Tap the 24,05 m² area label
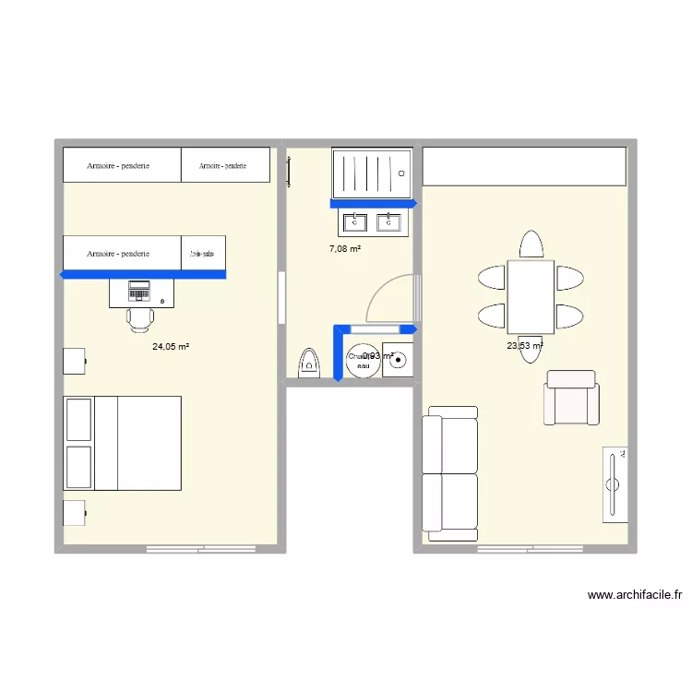(171, 347)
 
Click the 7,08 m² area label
(345, 249)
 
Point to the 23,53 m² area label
(524, 347)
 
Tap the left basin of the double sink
(355, 222)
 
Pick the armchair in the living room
(571, 398)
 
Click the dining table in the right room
(531, 296)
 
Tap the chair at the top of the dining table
(531, 245)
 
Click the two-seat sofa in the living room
(450, 473)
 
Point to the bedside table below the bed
(74, 513)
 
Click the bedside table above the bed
(74, 361)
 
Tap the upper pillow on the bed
(78, 420)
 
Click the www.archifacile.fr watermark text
(634, 595)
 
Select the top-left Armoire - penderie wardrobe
(121, 166)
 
